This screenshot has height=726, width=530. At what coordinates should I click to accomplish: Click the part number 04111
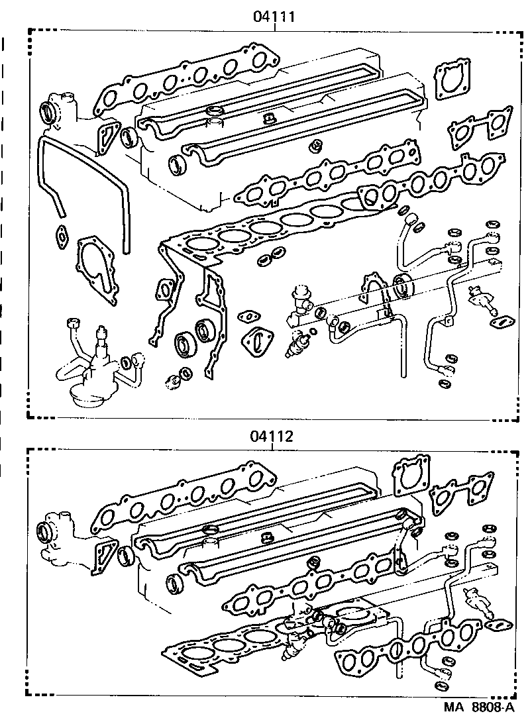(x=273, y=17)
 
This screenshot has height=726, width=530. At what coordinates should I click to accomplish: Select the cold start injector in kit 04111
(x=482, y=299)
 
